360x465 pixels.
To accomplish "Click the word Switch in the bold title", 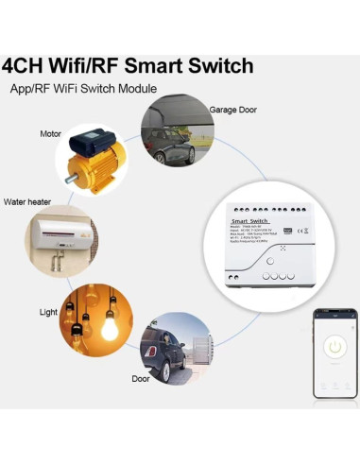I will tap(216, 66).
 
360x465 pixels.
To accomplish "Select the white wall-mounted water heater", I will tap(61, 232).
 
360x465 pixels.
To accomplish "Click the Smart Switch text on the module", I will tap(248, 219).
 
